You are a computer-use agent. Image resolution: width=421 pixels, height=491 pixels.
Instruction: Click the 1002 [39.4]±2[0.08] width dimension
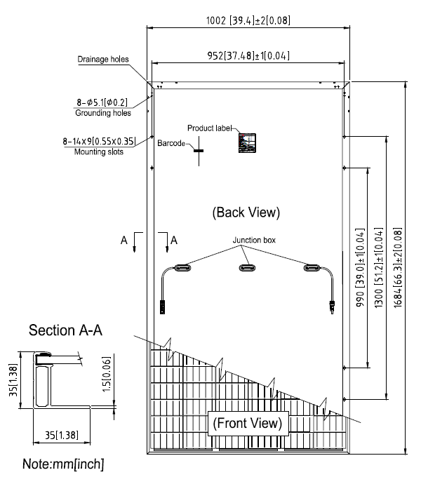pos(247,21)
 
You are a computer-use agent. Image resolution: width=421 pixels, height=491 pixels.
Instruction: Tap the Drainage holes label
pos(102,60)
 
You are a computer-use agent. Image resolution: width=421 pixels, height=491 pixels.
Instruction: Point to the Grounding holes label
pos(102,112)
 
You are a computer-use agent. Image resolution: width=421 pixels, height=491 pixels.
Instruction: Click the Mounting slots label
pos(98,152)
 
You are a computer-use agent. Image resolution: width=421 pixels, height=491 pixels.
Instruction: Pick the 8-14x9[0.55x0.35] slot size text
pos(98,141)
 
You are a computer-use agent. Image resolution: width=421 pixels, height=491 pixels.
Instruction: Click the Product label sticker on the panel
pos(247,142)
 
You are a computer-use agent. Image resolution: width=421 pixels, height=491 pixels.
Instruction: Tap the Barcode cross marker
pos(199,149)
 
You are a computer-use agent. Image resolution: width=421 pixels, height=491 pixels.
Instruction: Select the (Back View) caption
pos(246,211)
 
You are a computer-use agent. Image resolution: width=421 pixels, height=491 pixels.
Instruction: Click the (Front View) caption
pos(247,423)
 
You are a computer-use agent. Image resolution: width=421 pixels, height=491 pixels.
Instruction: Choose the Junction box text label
pos(255,240)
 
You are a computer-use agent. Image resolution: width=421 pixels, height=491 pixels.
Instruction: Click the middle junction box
pos(247,267)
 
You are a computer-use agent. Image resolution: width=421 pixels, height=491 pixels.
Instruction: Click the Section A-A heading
pos(66,331)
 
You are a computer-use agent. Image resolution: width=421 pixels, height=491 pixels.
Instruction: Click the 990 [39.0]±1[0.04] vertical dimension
pos(359,267)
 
